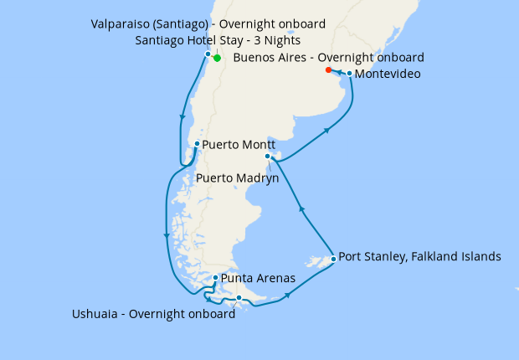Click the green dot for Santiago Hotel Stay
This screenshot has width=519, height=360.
(217, 59)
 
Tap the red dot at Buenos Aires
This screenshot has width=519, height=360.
(328, 70)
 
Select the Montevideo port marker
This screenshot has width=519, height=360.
(349, 74)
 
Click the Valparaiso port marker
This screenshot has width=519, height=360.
(208, 54)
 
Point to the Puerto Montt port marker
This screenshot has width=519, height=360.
(197, 144)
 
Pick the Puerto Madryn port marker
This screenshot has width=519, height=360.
(268, 157)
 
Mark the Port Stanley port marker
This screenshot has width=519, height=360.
(333, 259)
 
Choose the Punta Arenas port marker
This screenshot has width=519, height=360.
(216, 278)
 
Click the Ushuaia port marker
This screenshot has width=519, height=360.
(239, 298)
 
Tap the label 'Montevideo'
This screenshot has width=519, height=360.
(388, 75)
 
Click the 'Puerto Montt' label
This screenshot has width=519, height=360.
(239, 144)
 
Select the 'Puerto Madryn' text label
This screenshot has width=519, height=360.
(238, 177)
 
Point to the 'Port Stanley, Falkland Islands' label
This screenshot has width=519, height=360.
(420, 256)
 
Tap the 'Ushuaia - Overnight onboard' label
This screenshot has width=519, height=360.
(154, 315)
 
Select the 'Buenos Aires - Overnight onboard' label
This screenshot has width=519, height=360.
(329, 57)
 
